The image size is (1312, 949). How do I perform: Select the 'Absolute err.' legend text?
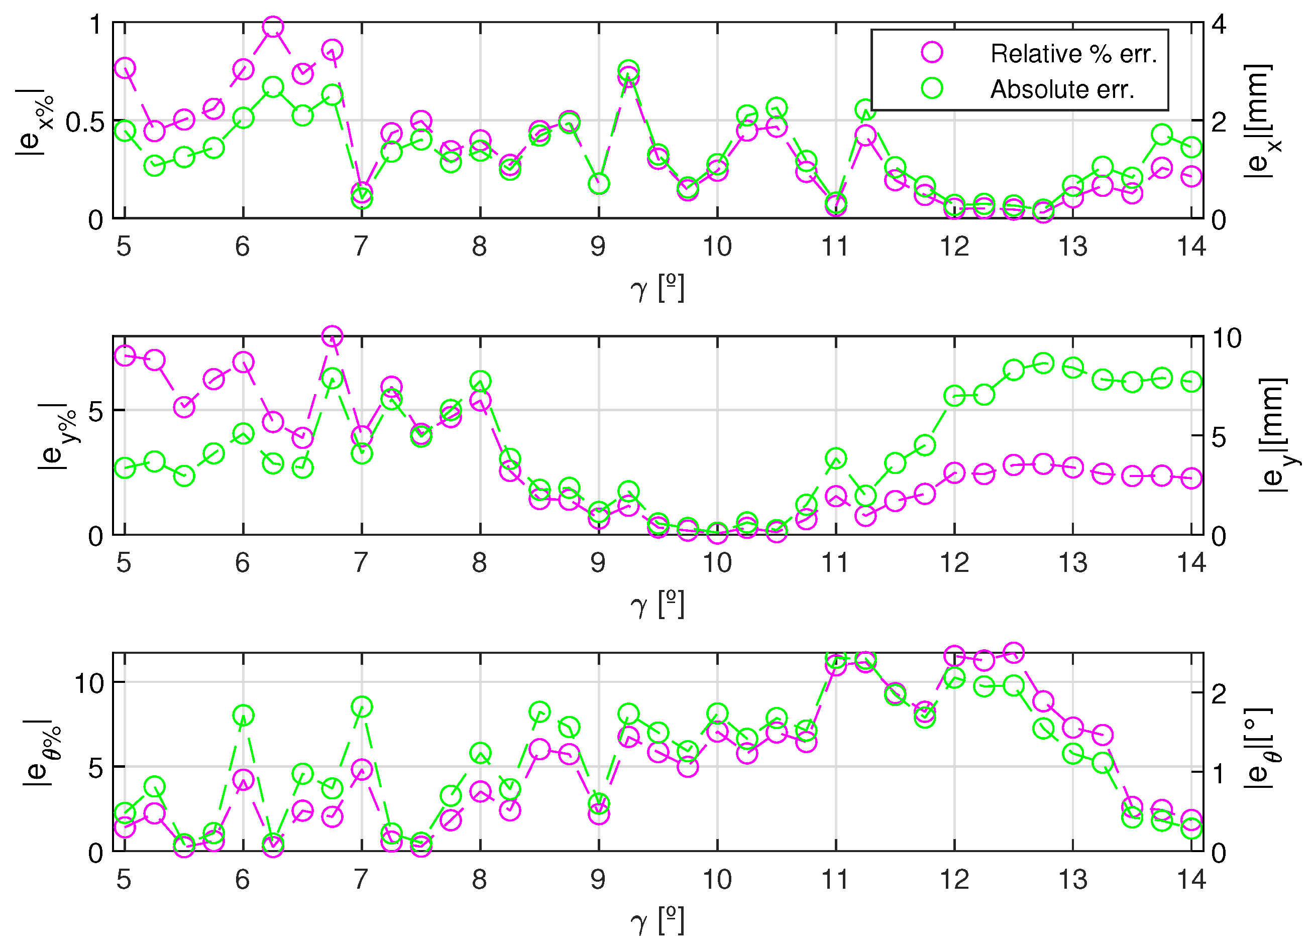coord(1062,90)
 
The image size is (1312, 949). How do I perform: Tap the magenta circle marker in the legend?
coord(932,52)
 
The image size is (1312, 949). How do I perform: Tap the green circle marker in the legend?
coord(932,88)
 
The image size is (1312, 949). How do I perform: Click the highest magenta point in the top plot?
coord(273,27)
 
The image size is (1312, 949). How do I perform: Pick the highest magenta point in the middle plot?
coord(332,336)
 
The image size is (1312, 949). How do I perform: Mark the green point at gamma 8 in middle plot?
coord(480,382)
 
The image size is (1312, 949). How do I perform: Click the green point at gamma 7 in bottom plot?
coord(362,706)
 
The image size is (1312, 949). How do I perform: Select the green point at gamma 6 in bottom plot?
coord(243,716)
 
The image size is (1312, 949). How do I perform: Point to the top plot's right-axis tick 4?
coord(1218,24)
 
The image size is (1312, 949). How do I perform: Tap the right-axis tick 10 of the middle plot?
coord(1227,338)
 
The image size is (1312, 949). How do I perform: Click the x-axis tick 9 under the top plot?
coord(598,247)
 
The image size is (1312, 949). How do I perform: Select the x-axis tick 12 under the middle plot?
coord(954,563)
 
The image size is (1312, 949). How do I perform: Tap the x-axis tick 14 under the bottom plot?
coord(1191,880)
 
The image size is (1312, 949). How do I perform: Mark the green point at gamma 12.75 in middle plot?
coord(1043,364)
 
